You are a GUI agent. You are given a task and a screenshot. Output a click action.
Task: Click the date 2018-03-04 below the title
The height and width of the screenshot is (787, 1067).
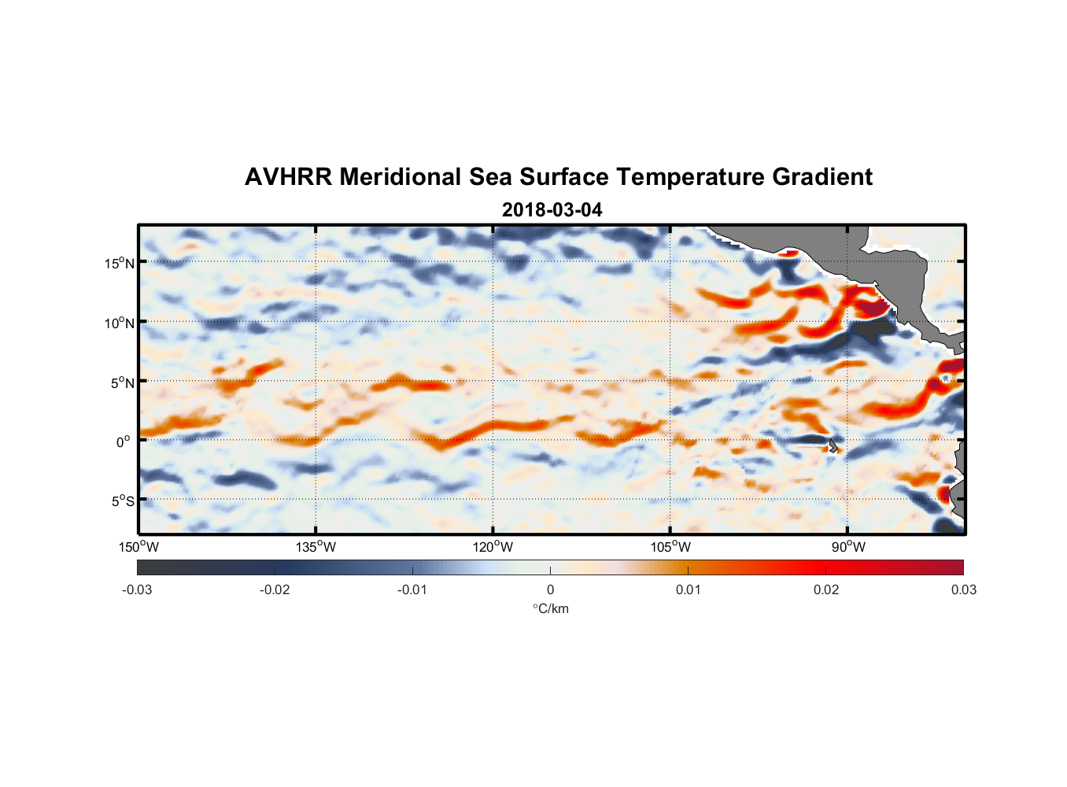pyautogui.click(x=552, y=210)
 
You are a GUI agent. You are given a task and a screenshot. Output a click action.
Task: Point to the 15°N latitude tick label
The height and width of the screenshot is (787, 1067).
pyautogui.click(x=120, y=263)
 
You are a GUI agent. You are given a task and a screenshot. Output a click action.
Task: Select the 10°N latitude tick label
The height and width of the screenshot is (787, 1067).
pyautogui.click(x=120, y=323)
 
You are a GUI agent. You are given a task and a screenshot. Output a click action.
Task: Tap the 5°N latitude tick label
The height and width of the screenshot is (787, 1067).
pyautogui.click(x=123, y=382)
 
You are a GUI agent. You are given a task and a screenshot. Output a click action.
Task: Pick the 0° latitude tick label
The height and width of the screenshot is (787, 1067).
pyautogui.click(x=124, y=442)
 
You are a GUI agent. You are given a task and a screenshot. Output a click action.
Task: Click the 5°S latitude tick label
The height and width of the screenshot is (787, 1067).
pyautogui.click(x=123, y=501)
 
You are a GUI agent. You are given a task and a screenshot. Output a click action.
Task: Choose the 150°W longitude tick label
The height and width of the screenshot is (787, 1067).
pyautogui.click(x=138, y=547)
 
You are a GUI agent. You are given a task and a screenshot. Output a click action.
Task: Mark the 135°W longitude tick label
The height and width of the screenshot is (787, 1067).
pyautogui.click(x=316, y=547)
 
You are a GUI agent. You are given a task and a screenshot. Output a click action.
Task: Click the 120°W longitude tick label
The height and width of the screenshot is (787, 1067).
pyautogui.click(x=493, y=547)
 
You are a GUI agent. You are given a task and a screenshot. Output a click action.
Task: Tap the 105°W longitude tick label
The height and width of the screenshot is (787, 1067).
pyautogui.click(x=670, y=547)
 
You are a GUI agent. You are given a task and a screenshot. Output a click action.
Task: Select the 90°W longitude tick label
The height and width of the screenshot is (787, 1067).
pyautogui.click(x=848, y=547)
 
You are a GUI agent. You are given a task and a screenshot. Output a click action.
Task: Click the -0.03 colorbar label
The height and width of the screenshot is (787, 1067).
pyautogui.click(x=137, y=589)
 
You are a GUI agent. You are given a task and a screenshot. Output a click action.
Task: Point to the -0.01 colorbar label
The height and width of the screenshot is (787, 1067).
pyautogui.click(x=412, y=589)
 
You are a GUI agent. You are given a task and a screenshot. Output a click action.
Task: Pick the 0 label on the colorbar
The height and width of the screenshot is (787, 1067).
pyautogui.click(x=550, y=589)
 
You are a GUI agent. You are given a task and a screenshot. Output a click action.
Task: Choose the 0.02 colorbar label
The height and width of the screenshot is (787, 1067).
pyautogui.click(x=826, y=589)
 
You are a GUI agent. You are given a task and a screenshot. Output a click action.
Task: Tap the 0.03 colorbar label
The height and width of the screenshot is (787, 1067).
pyautogui.click(x=963, y=589)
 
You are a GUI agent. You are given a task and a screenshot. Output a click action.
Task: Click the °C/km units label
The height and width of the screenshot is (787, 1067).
pyautogui.click(x=550, y=608)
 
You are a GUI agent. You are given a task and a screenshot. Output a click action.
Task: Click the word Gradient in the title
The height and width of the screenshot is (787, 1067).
pyautogui.click(x=821, y=177)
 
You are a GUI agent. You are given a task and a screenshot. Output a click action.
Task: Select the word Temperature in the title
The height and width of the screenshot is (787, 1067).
pyautogui.click(x=690, y=177)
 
